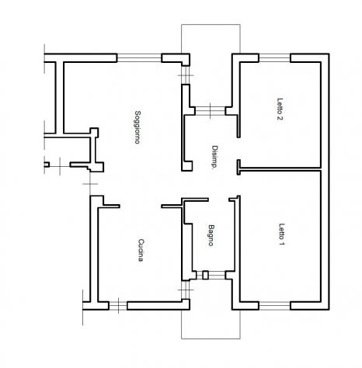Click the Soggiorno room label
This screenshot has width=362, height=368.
(x=137, y=127)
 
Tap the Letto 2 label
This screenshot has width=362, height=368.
(x=280, y=109)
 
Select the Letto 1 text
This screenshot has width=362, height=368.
(x=281, y=234)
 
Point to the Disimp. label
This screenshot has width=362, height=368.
(x=214, y=158)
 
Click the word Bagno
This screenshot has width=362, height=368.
(x=211, y=235)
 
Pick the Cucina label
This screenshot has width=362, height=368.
(x=141, y=250)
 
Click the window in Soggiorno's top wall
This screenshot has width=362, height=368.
(x=139, y=58)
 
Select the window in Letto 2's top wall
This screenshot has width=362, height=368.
(x=274, y=58)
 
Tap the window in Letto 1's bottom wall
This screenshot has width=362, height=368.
(x=274, y=306)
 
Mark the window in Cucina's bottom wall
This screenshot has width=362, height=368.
(x=118, y=306)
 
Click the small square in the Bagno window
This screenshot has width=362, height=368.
(x=205, y=275)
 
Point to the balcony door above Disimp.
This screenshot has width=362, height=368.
(x=210, y=111)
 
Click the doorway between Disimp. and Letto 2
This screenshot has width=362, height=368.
(x=238, y=148)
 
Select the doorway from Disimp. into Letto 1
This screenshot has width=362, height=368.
(x=238, y=185)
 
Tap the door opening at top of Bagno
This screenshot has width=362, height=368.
(x=219, y=200)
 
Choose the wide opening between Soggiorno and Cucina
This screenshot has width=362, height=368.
(x=141, y=206)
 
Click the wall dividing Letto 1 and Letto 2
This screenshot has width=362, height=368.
(x=279, y=168)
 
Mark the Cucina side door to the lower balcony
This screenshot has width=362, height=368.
(x=186, y=290)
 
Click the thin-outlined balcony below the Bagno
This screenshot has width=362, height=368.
(x=211, y=325)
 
